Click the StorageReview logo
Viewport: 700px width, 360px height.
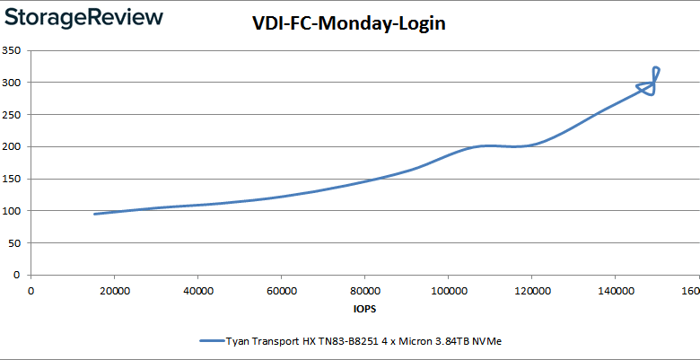[x=83, y=17]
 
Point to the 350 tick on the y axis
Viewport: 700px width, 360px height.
[x=13, y=50]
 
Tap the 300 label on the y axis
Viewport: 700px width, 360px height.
[x=13, y=83]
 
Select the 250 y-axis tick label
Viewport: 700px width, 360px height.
[x=13, y=115]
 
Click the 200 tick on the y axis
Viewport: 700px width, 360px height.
[x=13, y=146]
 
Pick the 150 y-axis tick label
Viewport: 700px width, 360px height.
[x=13, y=179]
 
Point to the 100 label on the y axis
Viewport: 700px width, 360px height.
[x=13, y=211]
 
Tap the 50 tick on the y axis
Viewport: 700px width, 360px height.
[x=15, y=243]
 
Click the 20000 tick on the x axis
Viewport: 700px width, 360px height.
[x=114, y=291]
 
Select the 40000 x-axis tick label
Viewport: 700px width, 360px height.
[x=197, y=291]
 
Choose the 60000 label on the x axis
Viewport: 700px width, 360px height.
[x=281, y=291]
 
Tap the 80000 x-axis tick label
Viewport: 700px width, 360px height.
[x=364, y=291]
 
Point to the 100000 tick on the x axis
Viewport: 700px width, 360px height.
[x=448, y=291]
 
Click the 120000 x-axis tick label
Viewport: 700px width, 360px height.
[x=531, y=291]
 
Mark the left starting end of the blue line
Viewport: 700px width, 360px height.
[x=95, y=214]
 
